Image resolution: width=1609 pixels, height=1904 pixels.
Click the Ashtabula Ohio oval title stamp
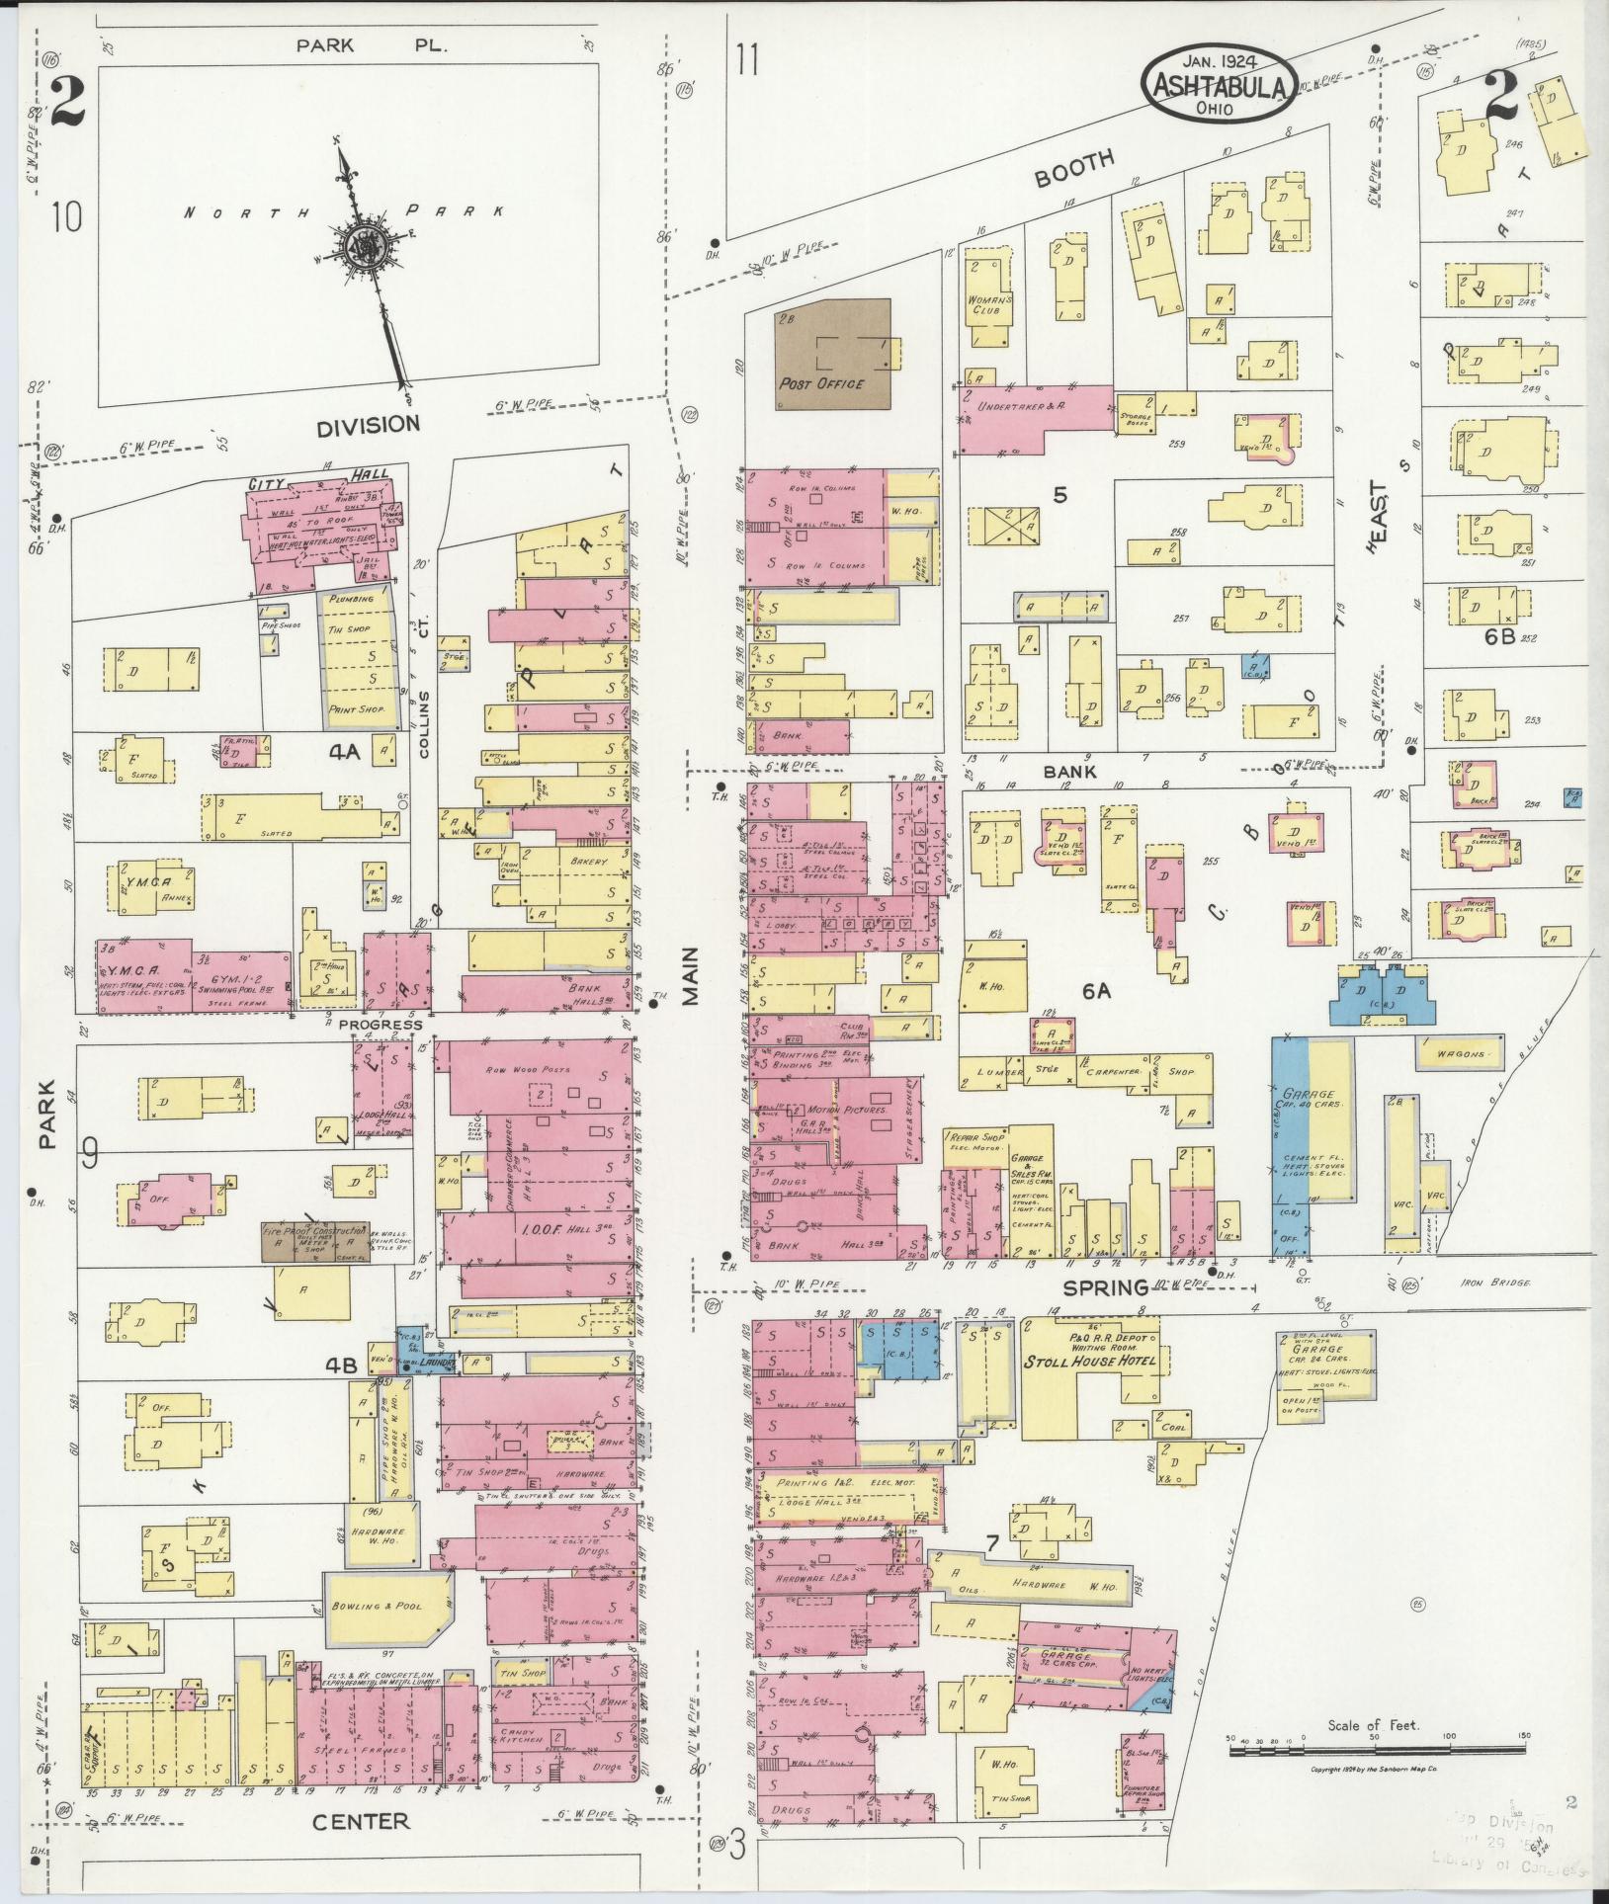tap(1218, 86)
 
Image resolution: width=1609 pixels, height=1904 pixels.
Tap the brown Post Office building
tap(831, 354)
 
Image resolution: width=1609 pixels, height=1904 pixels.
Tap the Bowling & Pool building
tap(388, 1607)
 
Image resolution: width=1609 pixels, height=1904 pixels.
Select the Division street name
tap(368, 425)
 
